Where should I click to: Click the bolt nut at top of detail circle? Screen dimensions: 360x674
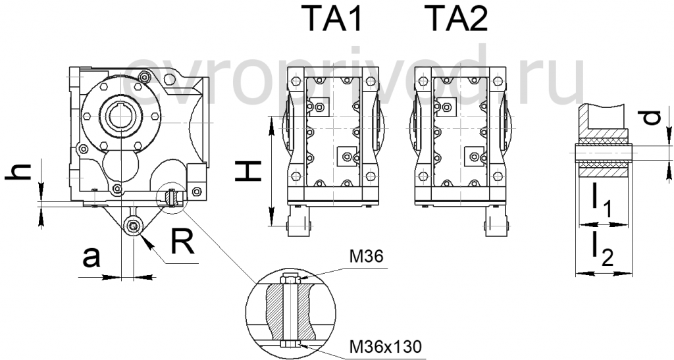[x=288, y=280]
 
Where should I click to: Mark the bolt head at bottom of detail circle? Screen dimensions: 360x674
[x=288, y=344]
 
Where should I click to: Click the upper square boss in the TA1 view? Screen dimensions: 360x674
[x=321, y=105]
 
